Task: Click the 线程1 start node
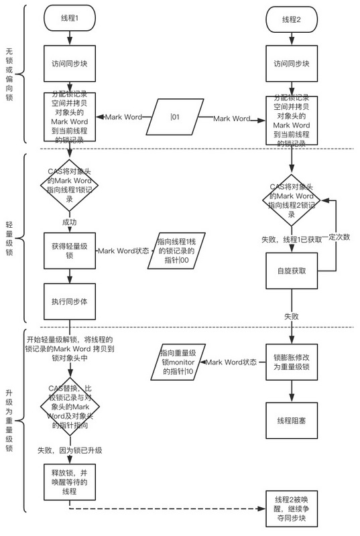(x=69, y=20)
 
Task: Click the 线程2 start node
(x=291, y=20)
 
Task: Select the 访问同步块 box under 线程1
(x=69, y=65)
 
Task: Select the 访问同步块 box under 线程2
(x=291, y=65)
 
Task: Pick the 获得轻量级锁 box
(x=69, y=251)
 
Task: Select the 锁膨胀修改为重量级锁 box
(x=291, y=362)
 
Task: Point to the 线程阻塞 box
(x=291, y=419)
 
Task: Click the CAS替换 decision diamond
(x=69, y=407)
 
